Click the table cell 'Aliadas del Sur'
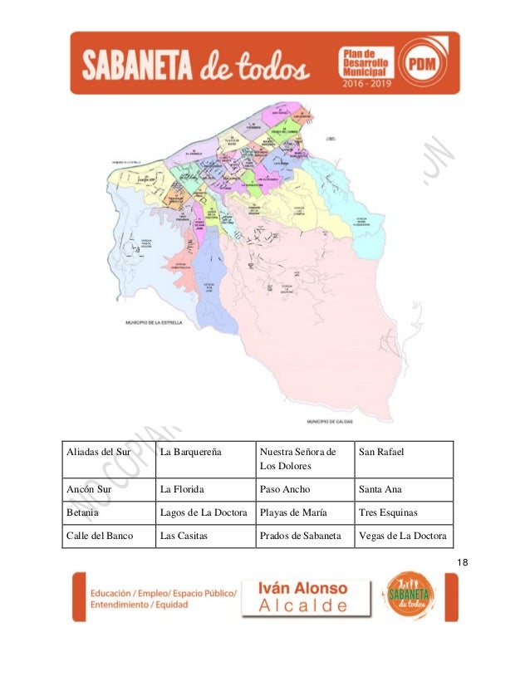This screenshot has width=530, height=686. click(x=108, y=459)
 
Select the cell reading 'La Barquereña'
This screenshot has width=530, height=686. click(x=204, y=459)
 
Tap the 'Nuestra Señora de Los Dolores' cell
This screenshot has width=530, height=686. click(x=303, y=459)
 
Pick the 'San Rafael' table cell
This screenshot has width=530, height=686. click(x=403, y=459)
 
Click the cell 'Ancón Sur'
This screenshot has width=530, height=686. click(x=108, y=490)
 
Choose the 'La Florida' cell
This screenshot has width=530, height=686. click(x=204, y=490)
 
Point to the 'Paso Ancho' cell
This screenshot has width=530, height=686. click(x=303, y=490)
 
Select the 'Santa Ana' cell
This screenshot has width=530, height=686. click(x=403, y=490)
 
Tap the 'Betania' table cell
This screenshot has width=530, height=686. click(x=108, y=513)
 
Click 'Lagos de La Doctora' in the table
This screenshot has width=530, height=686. click(x=204, y=513)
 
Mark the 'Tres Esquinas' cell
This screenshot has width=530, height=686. click(x=403, y=513)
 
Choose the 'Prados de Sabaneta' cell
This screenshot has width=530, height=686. click(x=303, y=537)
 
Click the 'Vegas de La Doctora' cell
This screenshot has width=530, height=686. click(x=403, y=537)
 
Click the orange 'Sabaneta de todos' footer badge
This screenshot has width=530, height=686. click(x=408, y=595)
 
